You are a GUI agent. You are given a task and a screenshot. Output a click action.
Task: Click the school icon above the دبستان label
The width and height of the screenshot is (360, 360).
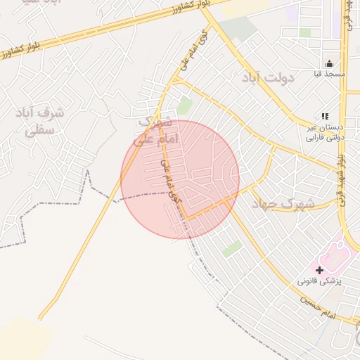(324, 116)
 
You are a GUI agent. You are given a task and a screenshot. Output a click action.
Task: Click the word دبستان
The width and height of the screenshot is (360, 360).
(330, 127)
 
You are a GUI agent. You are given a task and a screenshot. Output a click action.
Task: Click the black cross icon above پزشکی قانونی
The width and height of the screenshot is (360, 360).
(320, 269)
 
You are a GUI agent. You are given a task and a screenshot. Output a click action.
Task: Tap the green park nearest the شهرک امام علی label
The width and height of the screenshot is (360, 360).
(184, 106)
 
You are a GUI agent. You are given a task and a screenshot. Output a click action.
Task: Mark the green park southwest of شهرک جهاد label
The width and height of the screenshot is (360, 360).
(232, 248)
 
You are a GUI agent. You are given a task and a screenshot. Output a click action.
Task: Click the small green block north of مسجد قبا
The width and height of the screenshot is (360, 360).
(304, 32)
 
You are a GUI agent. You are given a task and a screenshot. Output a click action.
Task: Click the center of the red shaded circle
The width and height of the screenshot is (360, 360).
(180, 179)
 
